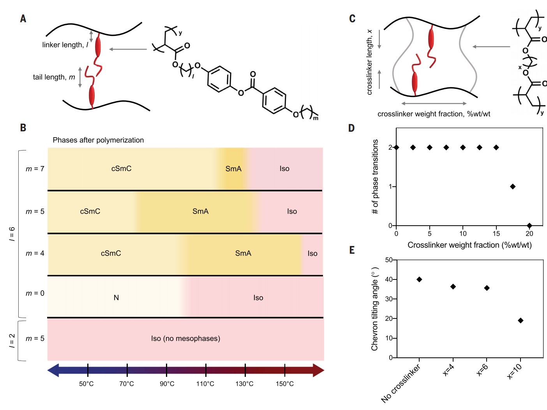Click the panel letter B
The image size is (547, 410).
click(x=23, y=128)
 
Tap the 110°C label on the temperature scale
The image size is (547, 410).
click(x=205, y=383)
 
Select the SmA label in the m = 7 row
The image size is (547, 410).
click(x=233, y=169)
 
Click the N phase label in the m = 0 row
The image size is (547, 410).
click(x=116, y=298)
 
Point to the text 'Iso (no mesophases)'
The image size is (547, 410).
click(x=185, y=339)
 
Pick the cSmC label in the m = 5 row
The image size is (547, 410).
click(x=90, y=211)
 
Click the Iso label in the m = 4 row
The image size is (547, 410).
click(x=312, y=253)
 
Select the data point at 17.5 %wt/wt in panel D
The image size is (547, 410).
click(x=513, y=187)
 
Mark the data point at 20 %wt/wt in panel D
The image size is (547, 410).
click(x=529, y=226)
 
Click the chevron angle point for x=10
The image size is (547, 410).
click(x=521, y=320)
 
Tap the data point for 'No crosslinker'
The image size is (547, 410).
click(x=419, y=279)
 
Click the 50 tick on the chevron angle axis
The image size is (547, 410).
click(x=388, y=260)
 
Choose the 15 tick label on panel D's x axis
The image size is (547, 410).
click(x=496, y=233)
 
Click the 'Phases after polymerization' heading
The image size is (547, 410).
click(x=98, y=140)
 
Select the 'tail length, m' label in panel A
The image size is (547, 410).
click(x=54, y=77)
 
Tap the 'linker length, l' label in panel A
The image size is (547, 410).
click(x=65, y=45)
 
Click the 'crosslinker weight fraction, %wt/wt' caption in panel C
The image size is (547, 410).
click(x=434, y=114)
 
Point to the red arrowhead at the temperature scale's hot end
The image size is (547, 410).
click(x=318, y=370)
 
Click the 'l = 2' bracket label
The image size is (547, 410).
click(x=12, y=341)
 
